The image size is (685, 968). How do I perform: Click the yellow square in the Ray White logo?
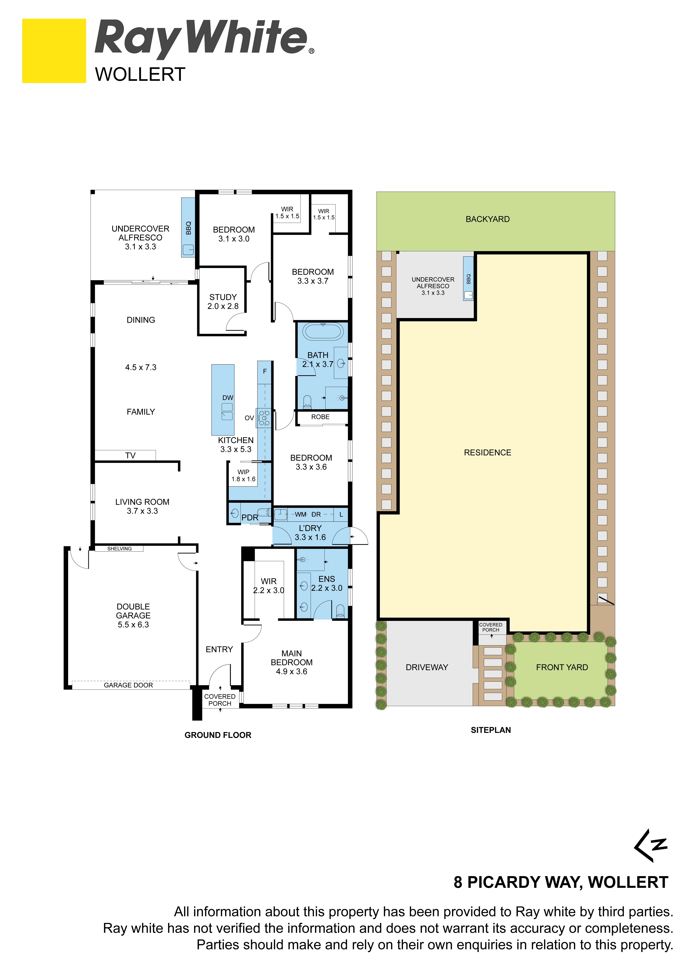[x=54, y=51]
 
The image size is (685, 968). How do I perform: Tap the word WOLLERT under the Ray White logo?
[x=140, y=75]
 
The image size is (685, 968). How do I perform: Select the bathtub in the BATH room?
[x=323, y=331]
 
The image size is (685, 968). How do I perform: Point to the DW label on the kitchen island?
[x=228, y=398]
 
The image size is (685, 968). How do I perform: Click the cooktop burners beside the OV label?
[x=264, y=418]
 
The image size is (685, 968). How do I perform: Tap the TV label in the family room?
[x=130, y=455]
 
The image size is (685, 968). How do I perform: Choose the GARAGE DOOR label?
[x=128, y=685]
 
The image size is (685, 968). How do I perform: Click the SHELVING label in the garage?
[x=119, y=549]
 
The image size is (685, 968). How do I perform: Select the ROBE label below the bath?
[x=321, y=417]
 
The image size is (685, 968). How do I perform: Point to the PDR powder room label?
[x=250, y=517]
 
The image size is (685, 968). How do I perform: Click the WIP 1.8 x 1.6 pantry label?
[x=243, y=476]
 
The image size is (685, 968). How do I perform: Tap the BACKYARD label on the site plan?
[x=488, y=219]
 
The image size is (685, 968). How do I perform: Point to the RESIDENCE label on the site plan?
[x=488, y=452]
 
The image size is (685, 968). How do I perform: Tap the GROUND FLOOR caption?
[x=218, y=735]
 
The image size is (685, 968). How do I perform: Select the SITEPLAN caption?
[x=491, y=730]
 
